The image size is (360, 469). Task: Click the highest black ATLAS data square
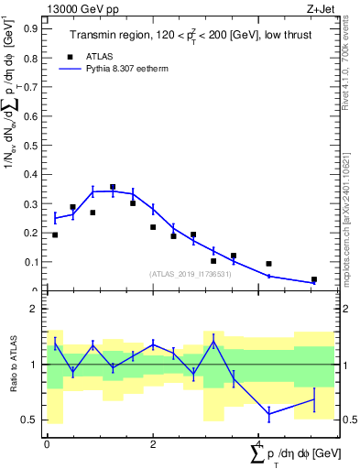(x=113, y=187)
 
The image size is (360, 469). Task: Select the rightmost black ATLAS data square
(x=313, y=279)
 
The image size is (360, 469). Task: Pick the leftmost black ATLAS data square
(x=55, y=235)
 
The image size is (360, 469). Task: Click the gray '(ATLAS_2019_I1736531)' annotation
(x=191, y=274)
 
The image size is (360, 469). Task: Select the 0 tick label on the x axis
(x=47, y=444)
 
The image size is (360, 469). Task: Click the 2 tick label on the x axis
(x=152, y=444)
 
